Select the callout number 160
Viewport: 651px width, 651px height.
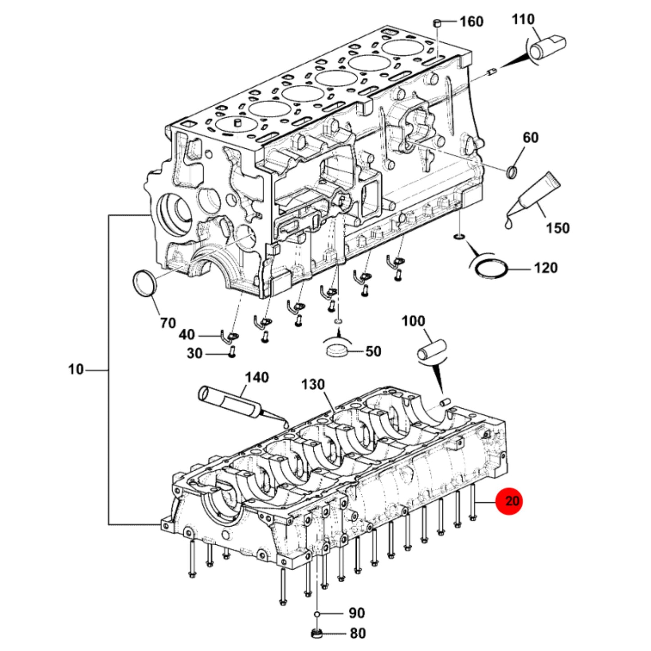(472, 22)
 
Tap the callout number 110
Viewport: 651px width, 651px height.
(524, 19)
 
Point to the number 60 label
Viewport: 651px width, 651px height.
(531, 138)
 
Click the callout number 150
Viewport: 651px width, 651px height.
(558, 228)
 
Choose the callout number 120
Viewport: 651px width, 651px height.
(546, 268)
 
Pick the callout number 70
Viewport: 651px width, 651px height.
(168, 323)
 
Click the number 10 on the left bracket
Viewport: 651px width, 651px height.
(76, 369)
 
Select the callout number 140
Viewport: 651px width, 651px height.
(257, 378)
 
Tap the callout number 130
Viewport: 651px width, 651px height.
(313, 384)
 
